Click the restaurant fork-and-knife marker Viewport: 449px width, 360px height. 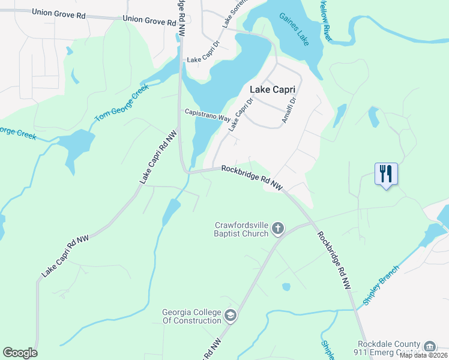tap(385, 174)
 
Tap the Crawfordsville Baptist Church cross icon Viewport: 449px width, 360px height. tap(277, 228)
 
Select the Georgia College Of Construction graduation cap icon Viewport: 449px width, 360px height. tap(230, 316)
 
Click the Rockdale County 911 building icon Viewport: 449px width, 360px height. tap(430, 346)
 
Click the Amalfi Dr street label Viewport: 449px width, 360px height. tap(289, 111)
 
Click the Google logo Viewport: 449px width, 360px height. tap(20, 353)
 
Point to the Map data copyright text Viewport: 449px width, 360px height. tap(424, 355)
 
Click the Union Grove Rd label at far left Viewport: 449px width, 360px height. tap(58, 12)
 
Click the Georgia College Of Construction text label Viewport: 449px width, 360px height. tap(191, 316)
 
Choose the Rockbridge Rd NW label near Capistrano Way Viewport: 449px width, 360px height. tap(252, 178)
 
